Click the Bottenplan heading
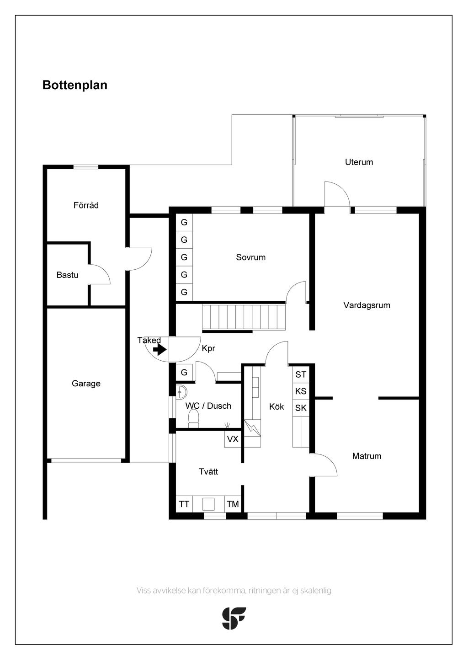tap(75, 85)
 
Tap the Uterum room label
tap(359, 162)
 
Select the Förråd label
tap(86, 205)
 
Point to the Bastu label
tap(67, 275)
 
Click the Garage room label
tap(86, 384)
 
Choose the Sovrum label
tap(250, 257)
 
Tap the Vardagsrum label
tap(367, 305)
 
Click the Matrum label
tap(367, 456)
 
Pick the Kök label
tap(277, 406)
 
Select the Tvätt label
tap(208, 471)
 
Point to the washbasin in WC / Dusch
tap(181, 392)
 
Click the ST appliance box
tap(301, 374)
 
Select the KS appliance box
tap(301, 391)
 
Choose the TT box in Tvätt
tap(184, 504)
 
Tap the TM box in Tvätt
tap(233, 504)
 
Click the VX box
tap(233, 439)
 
